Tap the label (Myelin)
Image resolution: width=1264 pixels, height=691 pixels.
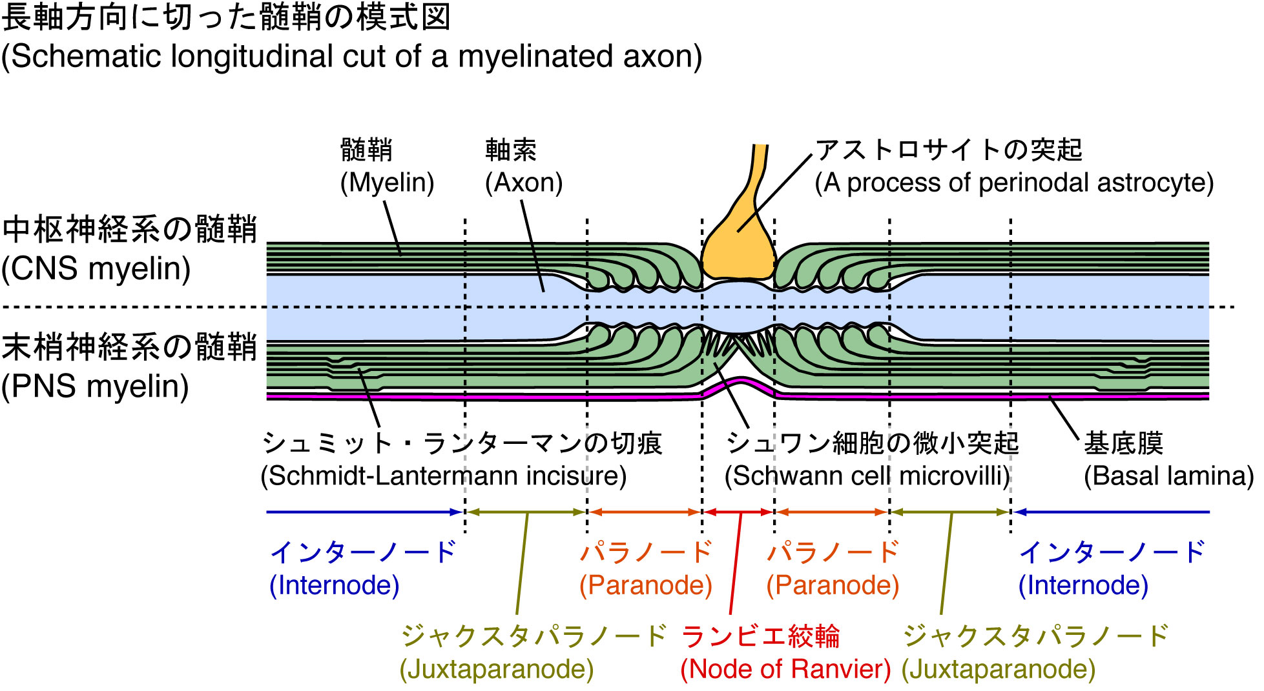[387, 183]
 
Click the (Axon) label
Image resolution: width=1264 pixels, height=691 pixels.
[524, 183]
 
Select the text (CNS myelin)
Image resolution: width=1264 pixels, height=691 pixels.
[96, 269]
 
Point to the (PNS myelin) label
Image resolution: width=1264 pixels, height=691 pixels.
[96, 387]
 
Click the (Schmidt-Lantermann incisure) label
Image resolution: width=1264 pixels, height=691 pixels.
[443, 476]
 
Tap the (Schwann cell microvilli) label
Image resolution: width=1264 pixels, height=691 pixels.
[867, 476]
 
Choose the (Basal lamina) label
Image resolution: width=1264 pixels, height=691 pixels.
[1168, 476]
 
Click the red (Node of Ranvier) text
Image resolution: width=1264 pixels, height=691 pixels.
[785, 669]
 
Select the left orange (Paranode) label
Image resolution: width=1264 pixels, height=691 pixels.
[645, 585]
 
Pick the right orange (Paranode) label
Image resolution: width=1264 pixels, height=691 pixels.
[833, 585]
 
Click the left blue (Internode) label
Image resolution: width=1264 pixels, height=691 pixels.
[334, 585]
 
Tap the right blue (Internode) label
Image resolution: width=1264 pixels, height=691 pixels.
[1083, 585]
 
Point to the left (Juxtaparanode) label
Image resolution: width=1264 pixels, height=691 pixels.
[496, 669]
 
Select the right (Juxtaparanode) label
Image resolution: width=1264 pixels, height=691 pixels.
[998, 669]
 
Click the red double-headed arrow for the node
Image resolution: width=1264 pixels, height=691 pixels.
[738, 512]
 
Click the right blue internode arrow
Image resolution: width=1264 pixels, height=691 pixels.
[1111, 512]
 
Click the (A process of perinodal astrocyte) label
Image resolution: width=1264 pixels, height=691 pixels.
[1014, 183]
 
